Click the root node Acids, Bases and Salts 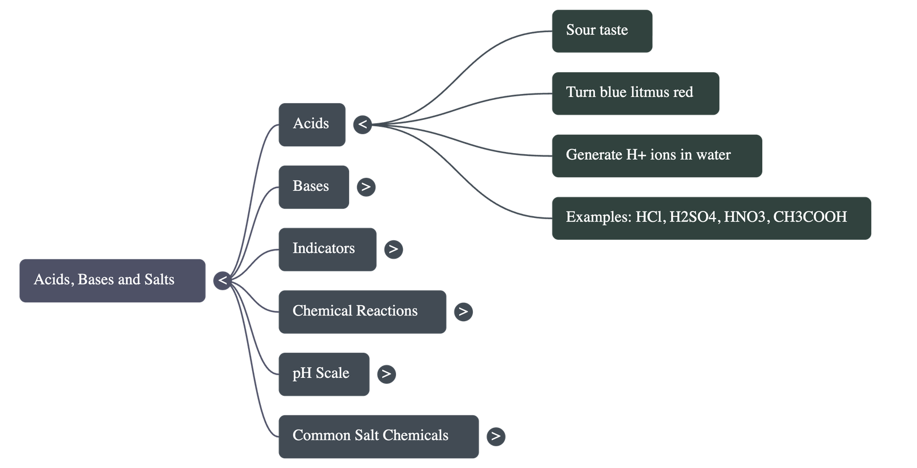click(x=112, y=280)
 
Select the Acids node click(x=312, y=124)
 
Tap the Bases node click(x=313, y=186)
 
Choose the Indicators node click(x=327, y=249)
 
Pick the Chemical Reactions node click(x=362, y=311)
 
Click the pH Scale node click(x=324, y=374)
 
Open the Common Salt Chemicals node click(x=378, y=436)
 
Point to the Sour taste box click(x=602, y=31)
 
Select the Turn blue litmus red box click(x=635, y=93)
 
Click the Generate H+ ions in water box click(x=656, y=155)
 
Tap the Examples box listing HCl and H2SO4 click(x=711, y=217)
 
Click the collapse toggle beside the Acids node click(x=362, y=124)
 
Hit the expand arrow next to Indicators click(x=393, y=249)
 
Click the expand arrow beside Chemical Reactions click(x=463, y=311)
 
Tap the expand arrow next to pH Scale click(x=386, y=374)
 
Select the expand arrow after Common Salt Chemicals click(x=496, y=436)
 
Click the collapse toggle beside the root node click(x=222, y=280)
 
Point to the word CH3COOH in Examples click(x=810, y=217)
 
